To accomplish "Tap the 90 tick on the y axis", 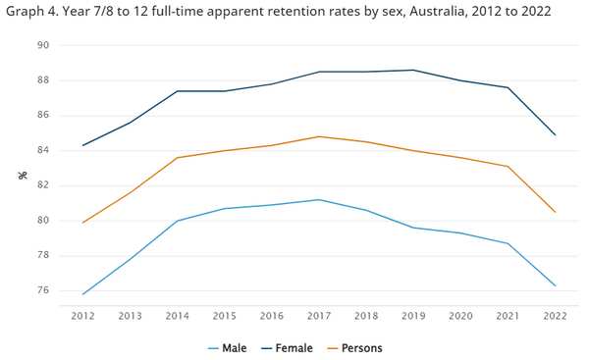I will coord(44,45).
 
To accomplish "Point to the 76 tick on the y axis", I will coord(44,290).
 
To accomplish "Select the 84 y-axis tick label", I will coord(44,150).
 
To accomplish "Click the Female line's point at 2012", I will coord(82,145).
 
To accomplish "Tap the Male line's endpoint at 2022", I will coord(556,285).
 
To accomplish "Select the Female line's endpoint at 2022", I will coord(556,134).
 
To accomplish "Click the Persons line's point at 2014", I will coord(177,157).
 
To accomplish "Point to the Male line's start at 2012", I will coord(82,294).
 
